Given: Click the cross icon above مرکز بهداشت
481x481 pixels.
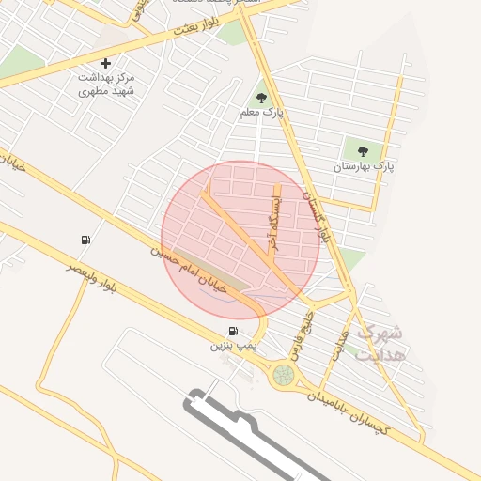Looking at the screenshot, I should point(105,64).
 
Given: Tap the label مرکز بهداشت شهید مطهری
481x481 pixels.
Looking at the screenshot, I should point(106,85).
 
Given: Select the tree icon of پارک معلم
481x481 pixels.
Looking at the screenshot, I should point(261,97).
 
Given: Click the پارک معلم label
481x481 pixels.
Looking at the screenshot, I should point(261,114).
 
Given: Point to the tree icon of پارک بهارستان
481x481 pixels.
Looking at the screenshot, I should point(362,149).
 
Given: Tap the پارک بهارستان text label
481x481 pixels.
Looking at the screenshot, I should point(361,166).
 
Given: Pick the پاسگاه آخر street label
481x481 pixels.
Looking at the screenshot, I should point(273,216).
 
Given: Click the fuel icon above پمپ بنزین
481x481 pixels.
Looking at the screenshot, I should point(233,332).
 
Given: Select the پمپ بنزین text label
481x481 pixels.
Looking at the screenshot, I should point(233,347).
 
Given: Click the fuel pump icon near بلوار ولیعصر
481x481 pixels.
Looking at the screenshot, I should point(86,240).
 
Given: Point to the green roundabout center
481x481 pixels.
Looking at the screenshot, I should point(283,376).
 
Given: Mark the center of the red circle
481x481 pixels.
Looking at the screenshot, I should point(240,240).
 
